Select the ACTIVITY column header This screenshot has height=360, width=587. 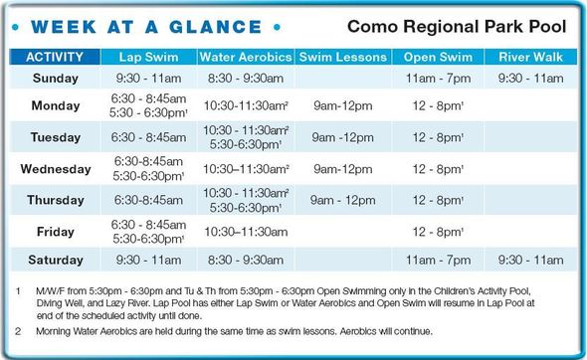click(55, 57)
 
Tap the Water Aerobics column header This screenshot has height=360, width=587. click(246, 57)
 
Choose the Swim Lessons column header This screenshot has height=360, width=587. click(343, 57)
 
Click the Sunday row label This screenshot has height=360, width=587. click(55, 78)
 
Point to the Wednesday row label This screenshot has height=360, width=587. click(55, 168)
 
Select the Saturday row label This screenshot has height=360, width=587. click(55, 260)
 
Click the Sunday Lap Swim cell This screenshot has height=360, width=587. click(149, 78)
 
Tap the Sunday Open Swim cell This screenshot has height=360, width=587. click(438, 78)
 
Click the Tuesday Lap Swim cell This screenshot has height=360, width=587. click(149, 137)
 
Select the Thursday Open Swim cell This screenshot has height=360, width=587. click(438, 200)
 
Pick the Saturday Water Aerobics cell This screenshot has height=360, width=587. click(246, 260)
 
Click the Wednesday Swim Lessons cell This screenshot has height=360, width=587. click(343, 168)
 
